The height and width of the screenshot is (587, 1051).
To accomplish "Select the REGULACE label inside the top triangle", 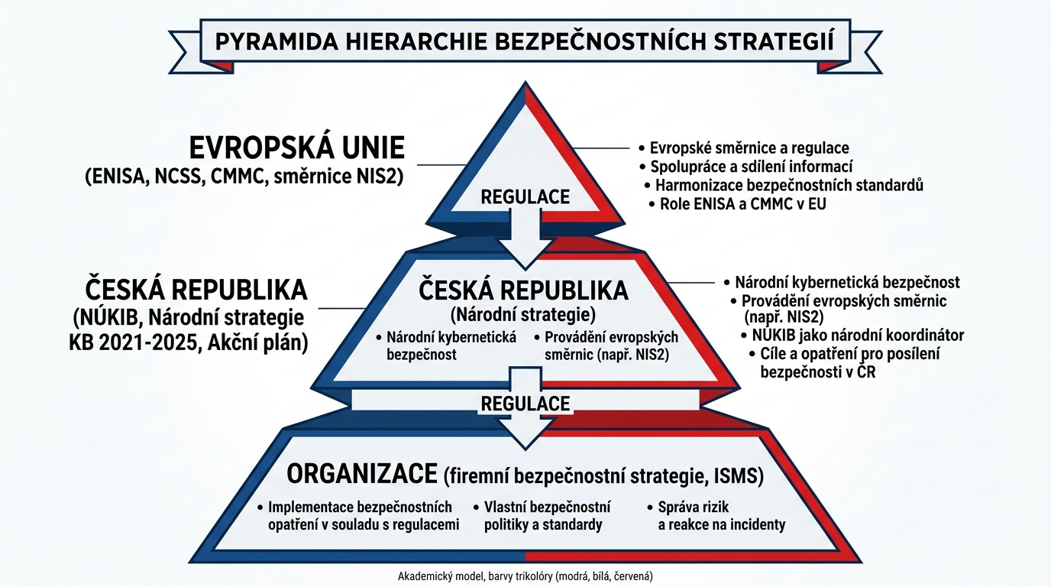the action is tap(525, 196).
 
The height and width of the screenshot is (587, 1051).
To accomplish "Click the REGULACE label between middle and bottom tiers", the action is tap(525, 403).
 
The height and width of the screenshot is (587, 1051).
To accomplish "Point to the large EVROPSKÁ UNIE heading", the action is tap(297, 148).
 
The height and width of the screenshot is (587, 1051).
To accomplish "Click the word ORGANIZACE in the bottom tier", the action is tap(362, 474).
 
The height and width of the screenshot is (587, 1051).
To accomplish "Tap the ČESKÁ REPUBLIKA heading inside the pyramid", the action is tap(523, 290).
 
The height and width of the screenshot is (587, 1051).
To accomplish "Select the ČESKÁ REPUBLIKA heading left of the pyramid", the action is tap(196, 290).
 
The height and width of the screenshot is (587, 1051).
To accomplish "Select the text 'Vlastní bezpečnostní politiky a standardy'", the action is tap(547, 516).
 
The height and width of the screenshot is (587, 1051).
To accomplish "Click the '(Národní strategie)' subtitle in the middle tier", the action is tap(523, 314).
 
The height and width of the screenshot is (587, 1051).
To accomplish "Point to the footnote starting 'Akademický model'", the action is tap(525, 576).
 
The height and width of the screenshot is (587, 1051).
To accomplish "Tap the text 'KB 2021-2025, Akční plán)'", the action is tap(188, 343).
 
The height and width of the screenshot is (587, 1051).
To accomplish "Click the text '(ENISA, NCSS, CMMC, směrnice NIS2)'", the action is tap(244, 177).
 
